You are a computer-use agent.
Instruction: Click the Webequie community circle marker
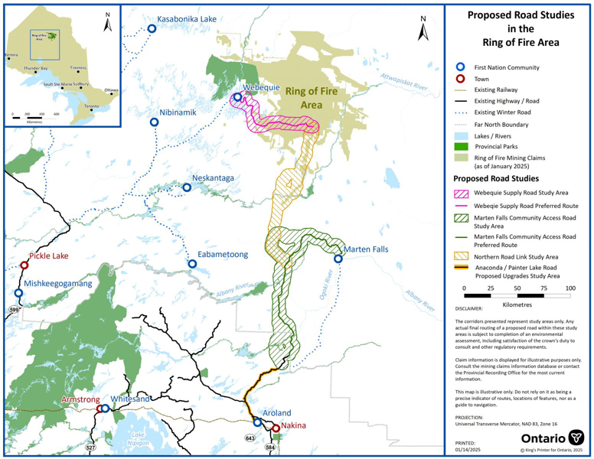tap(237, 97)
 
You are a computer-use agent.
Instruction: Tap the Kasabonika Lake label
tap(187, 19)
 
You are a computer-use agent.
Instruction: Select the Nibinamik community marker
tap(154, 122)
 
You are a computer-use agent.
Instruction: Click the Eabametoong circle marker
tap(192, 264)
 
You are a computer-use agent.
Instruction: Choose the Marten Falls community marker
tap(338, 259)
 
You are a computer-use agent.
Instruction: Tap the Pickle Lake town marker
tap(24, 265)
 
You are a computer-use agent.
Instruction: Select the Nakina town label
tap(295, 425)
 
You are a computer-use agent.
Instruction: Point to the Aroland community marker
tap(257, 422)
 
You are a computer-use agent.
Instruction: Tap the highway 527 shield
tap(90, 447)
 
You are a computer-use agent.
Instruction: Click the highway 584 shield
tap(269, 447)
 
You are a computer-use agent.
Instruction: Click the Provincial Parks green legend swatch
tap(461, 146)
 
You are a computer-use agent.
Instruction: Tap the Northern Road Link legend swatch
tap(461, 257)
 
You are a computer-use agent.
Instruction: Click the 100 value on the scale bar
tap(570, 288)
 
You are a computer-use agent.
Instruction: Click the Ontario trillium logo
tap(576, 438)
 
